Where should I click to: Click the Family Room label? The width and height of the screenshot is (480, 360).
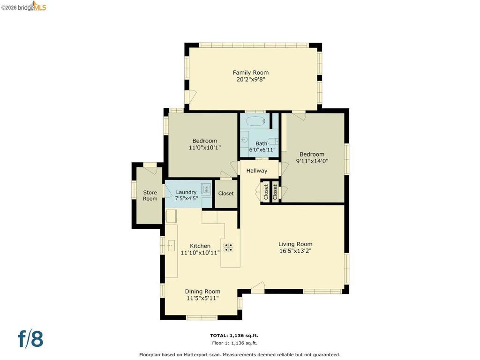pyautogui.click(x=251, y=73)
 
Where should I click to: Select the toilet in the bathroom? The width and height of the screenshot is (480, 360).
pyautogui.click(x=272, y=142)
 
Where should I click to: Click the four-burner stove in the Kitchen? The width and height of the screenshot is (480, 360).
pyautogui.click(x=228, y=247)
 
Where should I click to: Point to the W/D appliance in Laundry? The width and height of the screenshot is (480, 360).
pyautogui.click(x=206, y=188)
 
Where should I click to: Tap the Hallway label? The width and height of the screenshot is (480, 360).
pyautogui.click(x=257, y=171)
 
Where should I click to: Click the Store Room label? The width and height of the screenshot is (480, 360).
pyautogui.click(x=150, y=195)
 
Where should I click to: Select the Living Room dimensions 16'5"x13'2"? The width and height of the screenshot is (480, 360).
pyautogui.click(x=295, y=251)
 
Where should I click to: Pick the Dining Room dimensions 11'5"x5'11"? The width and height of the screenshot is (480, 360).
pyautogui.click(x=202, y=298)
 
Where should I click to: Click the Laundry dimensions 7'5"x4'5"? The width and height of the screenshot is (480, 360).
pyautogui.click(x=187, y=198)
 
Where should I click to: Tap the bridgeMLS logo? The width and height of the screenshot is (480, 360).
pyautogui.click(x=24, y=6)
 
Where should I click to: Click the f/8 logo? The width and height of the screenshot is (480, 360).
pyautogui.click(x=30, y=338)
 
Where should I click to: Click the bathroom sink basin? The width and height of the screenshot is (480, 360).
pyautogui.click(x=244, y=140)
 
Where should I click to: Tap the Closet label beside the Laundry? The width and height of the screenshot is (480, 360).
pyautogui.click(x=226, y=194)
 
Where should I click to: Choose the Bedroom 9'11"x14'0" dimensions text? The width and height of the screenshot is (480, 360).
pyautogui.click(x=312, y=161)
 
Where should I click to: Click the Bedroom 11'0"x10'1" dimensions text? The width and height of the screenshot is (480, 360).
pyautogui.click(x=205, y=148)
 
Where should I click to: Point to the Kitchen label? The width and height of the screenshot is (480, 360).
pyautogui.click(x=200, y=246)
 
